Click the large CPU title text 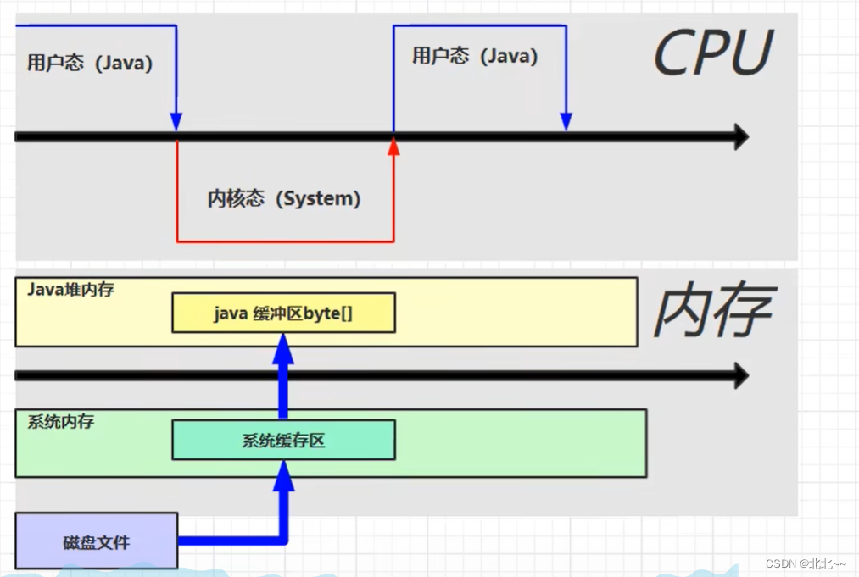(x=712, y=53)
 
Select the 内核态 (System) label (x=284, y=199)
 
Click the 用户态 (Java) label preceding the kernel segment (x=89, y=64)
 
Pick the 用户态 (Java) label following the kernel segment (x=475, y=57)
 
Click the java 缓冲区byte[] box (x=283, y=313)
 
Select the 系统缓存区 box (x=283, y=441)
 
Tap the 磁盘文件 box (x=97, y=541)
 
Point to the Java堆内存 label (x=70, y=290)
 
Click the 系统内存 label (x=60, y=421)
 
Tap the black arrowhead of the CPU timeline (x=739, y=136)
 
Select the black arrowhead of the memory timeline (x=739, y=375)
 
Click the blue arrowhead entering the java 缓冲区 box (x=283, y=347)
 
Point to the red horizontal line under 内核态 (x=285, y=241)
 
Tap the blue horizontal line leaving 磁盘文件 (x=229, y=541)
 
